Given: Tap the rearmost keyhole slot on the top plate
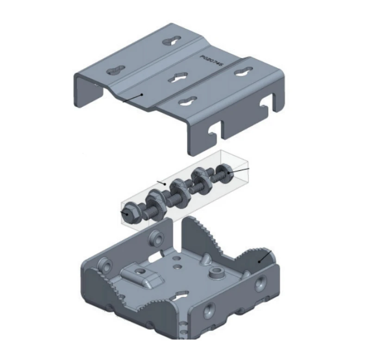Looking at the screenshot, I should point(170,42).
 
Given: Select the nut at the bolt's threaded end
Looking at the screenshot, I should point(226,172).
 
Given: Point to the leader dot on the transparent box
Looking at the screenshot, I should point(164,184).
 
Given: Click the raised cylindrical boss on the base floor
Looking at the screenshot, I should point(216,272).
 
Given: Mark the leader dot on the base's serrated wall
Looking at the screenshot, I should point(260,261).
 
